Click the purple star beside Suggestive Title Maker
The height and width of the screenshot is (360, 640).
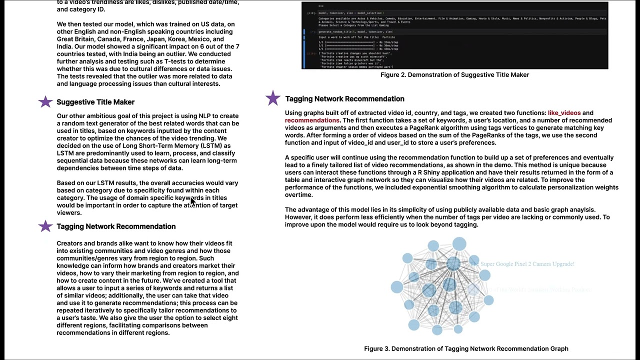[x=45, y=102]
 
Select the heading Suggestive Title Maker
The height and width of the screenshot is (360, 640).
[x=95, y=102]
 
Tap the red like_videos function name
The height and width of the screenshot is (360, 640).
[x=564, y=113]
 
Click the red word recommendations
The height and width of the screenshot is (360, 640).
[x=312, y=120]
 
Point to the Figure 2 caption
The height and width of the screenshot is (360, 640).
[x=454, y=75]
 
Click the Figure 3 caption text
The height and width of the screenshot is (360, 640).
[x=466, y=349]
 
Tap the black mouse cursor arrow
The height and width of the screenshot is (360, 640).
[x=192, y=201]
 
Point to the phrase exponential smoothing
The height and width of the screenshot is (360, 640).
[x=447, y=187]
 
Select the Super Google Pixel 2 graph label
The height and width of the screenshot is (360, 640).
[x=527, y=264]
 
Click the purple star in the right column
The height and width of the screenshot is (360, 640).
[x=273, y=98]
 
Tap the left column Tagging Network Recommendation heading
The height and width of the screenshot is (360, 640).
[x=116, y=226]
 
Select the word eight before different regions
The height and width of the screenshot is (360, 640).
[x=229, y=318]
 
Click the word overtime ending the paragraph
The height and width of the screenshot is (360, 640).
[x=298, y=195]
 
